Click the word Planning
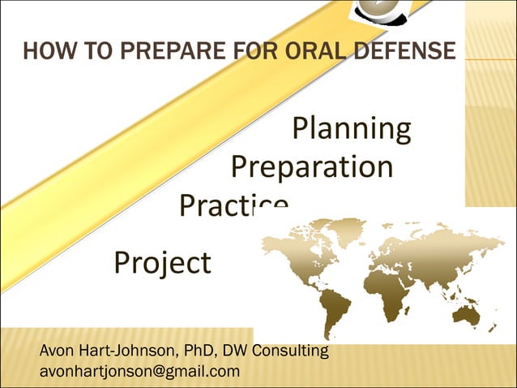tap(351, 129)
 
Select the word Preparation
tap(312, 167)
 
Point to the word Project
tap(162, 263)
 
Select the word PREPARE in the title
tap(150, 52)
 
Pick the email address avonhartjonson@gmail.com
tap(139, 372)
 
